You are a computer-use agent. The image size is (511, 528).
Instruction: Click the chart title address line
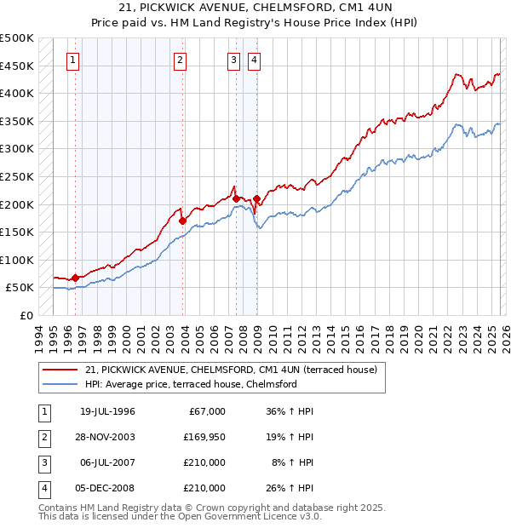point(255,8)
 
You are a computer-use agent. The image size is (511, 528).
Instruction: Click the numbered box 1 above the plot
point(73,60)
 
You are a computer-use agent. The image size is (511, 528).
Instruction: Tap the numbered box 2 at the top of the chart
point(181,60)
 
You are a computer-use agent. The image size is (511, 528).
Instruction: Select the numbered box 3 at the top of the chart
point(233,60)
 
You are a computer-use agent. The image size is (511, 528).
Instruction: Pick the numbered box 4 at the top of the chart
point(255,60)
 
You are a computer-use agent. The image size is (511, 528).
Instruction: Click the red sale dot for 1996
point(75,278)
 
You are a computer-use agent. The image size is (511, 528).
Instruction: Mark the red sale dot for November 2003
point(182,221)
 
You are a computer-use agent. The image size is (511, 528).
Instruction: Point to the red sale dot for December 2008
point(256,198)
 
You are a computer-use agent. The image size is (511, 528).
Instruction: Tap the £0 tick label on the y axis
point(26,315)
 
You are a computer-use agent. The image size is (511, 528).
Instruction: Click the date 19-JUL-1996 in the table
point(107,411)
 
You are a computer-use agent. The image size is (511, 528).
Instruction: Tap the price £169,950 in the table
point(204,438)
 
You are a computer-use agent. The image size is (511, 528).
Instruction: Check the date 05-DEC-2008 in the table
point(107,489)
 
